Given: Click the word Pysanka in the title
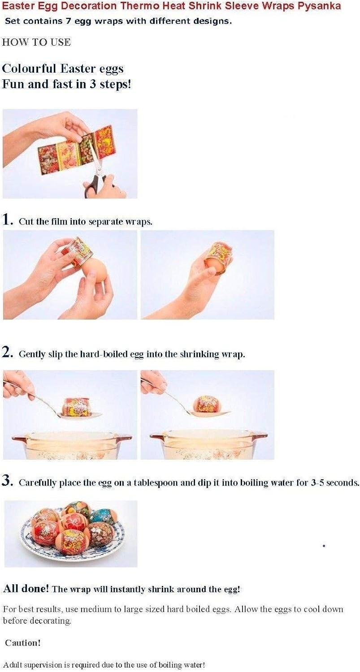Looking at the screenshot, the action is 320,6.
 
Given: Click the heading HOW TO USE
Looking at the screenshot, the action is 36,42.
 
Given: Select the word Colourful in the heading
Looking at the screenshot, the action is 30,69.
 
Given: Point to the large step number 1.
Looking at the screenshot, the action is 8,220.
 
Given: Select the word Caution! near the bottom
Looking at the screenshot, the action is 23,642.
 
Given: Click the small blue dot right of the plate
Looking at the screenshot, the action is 324,546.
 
